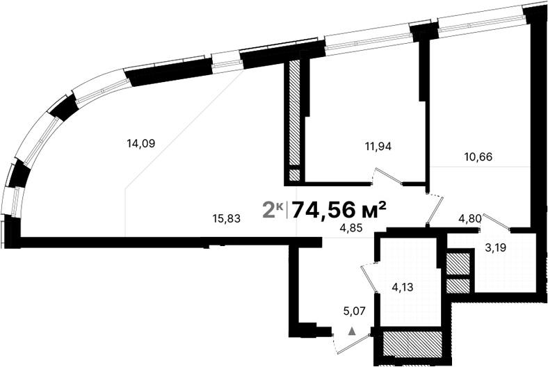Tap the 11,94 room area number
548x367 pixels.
[x=378, y=146]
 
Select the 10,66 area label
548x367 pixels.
[x=478, y=156]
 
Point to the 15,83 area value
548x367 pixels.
[x=226, y=218]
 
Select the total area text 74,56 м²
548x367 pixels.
[x=339, y=208]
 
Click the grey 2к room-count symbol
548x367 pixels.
[x=272, y=208]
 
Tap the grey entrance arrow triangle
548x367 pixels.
[x=352, y=332]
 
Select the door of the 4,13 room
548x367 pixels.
[x=366, y=278]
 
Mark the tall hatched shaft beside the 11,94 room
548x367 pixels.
[x=295, y=111]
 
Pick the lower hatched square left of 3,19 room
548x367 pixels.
[x=458, y=284]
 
